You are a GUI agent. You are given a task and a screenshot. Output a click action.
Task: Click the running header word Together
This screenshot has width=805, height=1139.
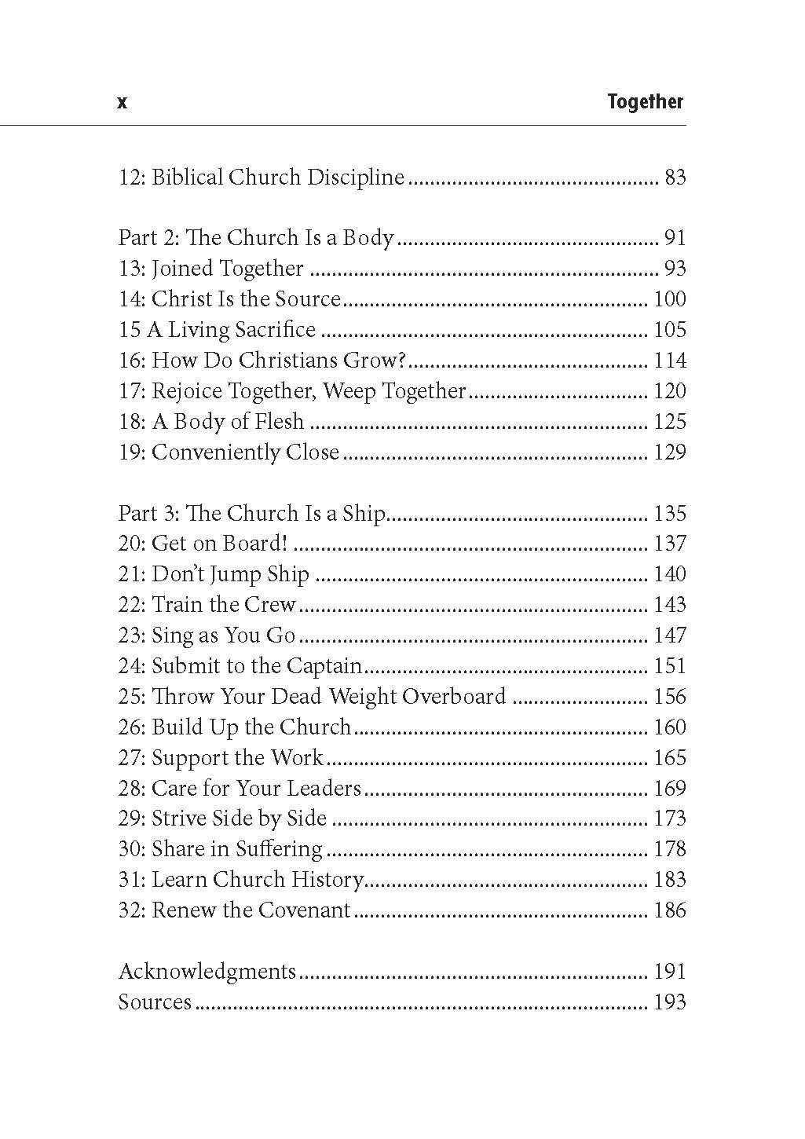(x=645, y=102)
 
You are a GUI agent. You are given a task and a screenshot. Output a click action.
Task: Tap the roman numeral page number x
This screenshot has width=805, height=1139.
(x=122, y=102)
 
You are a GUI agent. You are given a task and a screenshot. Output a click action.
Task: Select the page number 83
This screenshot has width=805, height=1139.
(x=675, y=178)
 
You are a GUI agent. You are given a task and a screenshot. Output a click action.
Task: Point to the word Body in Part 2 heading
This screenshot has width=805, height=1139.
(x=368, y=238)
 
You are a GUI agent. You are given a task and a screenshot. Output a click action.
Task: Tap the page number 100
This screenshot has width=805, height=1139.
(x=669, y=299)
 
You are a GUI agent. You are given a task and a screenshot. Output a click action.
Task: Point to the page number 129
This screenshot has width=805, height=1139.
(x=669, y=452)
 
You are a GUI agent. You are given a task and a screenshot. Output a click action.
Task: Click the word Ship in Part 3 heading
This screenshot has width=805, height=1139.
(x=364, y=514)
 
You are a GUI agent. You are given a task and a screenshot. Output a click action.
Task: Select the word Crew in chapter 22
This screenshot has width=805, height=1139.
(x=270, y=605)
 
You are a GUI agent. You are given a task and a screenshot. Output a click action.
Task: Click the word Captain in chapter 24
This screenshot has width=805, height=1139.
(x=324, y=666)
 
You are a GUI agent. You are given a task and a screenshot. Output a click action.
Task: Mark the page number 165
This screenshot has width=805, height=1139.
(x=669, y=758)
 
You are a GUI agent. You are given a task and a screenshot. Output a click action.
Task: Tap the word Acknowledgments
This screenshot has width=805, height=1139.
(x=207, y=972)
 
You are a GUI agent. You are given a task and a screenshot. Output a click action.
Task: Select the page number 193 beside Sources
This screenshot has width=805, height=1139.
(x=669, y=1002)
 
